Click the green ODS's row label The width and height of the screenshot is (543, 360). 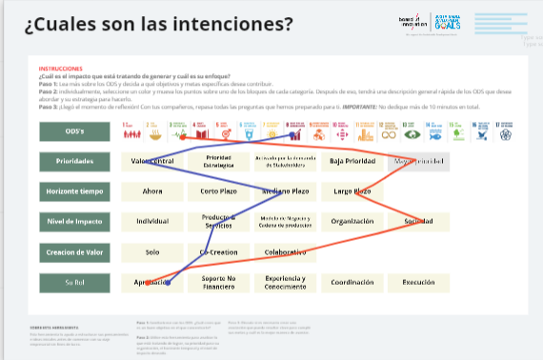[x=74, y=132]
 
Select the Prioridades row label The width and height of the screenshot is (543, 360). [x=74, y=161]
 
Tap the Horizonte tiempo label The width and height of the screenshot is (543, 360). [x=74, y=191]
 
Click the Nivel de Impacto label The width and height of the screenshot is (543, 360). [x=74, y=222]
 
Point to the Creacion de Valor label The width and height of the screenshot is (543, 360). [x=74, y=252]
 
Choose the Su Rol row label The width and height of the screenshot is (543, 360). [x=74, y=283]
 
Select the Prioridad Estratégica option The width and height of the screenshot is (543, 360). [x=218, y=161]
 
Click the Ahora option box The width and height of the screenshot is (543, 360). [x=151, y=191]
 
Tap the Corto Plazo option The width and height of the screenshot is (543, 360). [x=218, y=191]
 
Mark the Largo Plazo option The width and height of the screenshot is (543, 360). [x=352, y=191]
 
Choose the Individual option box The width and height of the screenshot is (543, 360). [x=151, y=222]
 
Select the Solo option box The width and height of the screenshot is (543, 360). [x=151, y=252]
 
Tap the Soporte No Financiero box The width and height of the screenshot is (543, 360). [x=218, y=283]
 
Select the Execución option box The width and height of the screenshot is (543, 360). [x=417, y=283]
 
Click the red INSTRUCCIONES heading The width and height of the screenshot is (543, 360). [x=61, y=70]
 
